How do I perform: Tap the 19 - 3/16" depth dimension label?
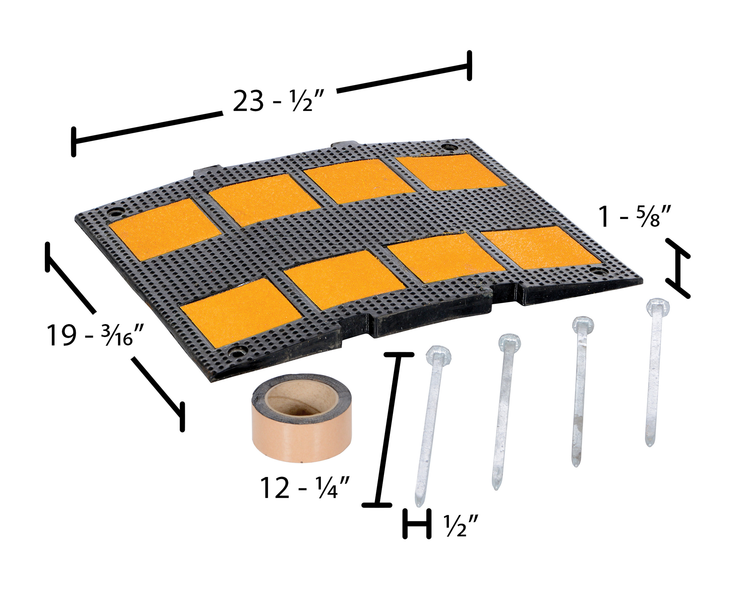pyautogui.click(x=94, y=335)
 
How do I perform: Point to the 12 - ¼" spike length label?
pyautogui.click(x=305, y=488)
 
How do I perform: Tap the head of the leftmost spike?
pyautogui.click(x=438, y=356)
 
